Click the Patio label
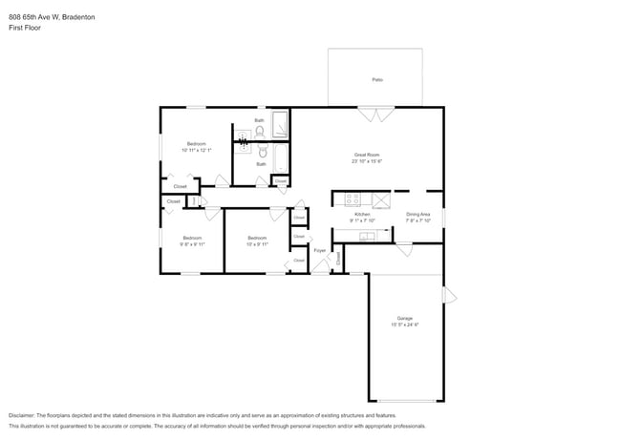377,79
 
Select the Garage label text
405,318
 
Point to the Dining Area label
418,214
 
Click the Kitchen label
363,214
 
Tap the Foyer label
319,250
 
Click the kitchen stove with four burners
351,199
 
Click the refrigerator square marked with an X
380,199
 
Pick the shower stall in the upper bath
280,125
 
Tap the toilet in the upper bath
259,133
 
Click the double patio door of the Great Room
375,115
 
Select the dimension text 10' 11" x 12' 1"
196,150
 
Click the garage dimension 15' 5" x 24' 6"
405,324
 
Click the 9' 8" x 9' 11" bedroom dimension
191,243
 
